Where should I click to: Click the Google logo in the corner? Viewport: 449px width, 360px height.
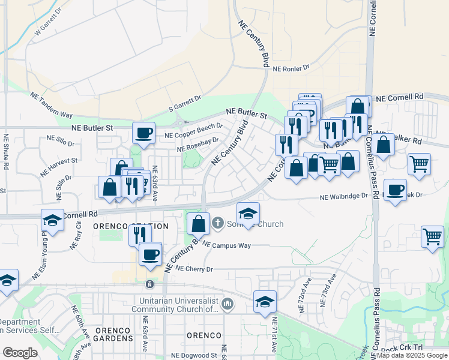(x=20, y=353)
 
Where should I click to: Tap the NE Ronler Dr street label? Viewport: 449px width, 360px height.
(x=291, y=68)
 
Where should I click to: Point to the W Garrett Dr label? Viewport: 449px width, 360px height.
(x=48, y=22)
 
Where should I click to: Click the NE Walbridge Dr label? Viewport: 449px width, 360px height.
(x=343, y=196)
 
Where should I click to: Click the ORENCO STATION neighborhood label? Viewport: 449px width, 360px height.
(x=130, y=226)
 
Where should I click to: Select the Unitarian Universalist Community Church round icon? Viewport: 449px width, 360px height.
(x=228, y=304)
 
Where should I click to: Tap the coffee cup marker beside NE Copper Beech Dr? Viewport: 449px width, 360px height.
(x=144, y=133)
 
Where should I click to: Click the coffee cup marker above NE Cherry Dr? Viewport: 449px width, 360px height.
(x=149, y=254)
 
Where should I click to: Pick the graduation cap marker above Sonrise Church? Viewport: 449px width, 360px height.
(x=248, y=212)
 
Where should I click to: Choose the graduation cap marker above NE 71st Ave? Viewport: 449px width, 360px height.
(x=265, y=301)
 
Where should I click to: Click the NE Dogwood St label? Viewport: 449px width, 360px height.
(x=194, y=356)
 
